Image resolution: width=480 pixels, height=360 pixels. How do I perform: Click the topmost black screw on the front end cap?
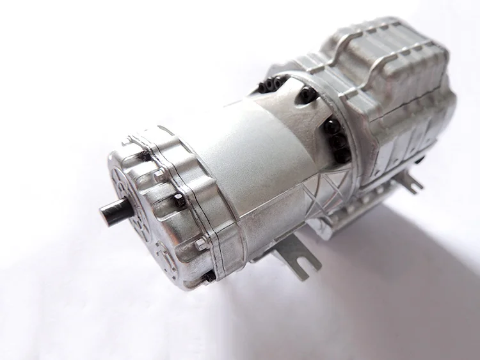(x=145, y=156)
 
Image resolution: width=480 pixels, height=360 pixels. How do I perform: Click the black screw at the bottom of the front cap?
(x=209, y=276)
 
